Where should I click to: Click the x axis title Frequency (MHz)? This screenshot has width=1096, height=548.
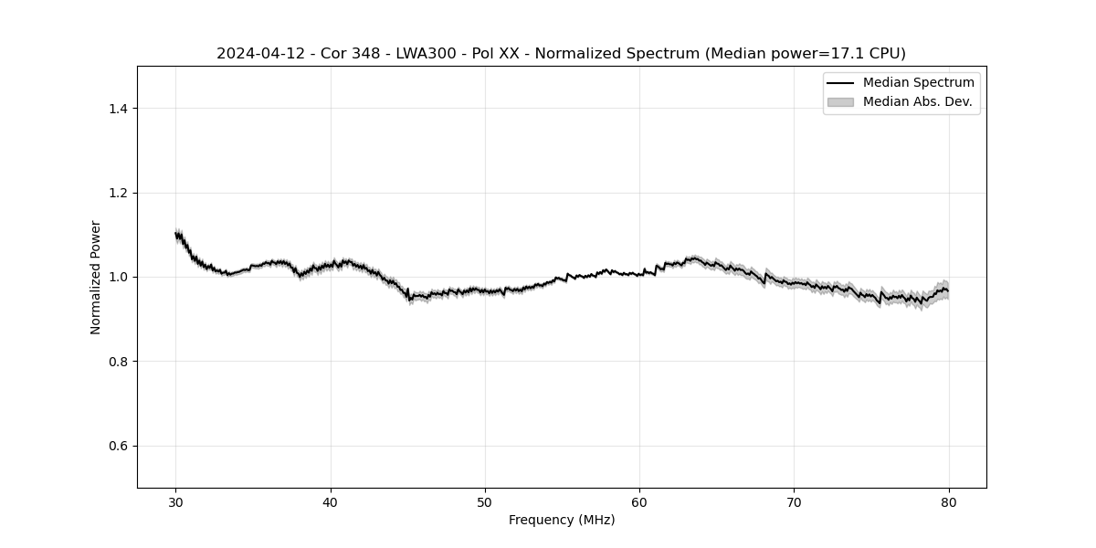click(562, 520)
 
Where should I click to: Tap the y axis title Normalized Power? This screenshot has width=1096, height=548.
click(96, 277)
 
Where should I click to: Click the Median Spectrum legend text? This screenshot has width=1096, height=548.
click(918, 83)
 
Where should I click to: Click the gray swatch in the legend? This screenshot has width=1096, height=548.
click(840, 102)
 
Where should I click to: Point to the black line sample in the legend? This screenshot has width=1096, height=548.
click(840, 83)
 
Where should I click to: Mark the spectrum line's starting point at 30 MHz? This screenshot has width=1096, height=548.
click(176, 235)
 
